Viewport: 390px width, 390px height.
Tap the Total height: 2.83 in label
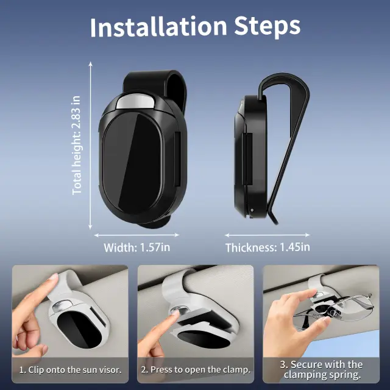[77, 145]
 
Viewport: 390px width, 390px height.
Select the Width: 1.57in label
[136, 247]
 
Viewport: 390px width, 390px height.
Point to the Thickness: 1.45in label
[268, 247]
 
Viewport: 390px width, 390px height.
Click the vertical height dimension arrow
[91, 146]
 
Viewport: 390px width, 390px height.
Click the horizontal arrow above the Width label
[136, 235]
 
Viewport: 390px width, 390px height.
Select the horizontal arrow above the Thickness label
[268, 235]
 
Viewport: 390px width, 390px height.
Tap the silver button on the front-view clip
[135, 102]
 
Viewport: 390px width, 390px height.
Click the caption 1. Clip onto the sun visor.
[71, 370]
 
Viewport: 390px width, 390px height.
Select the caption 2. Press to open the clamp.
[196, 370]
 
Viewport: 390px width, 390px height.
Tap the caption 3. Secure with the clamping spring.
[321, 370]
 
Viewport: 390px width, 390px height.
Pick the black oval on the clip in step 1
[79, 329]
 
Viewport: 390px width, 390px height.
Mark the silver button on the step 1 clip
[63, 306]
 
